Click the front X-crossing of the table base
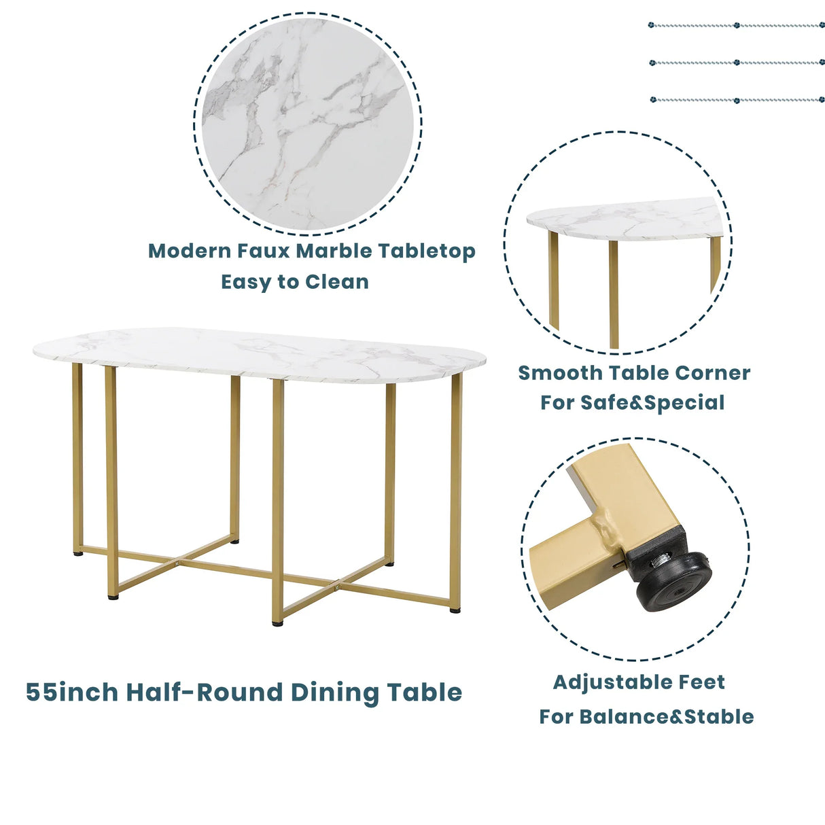pyautogui.click(x=338, y=583)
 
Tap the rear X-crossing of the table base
pyautogui.click(x=176, y=563)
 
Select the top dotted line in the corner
pyautogui.click(x=737, y=25)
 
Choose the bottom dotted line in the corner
pyautogui.click(x=737, y=100)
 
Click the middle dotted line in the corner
pyautogui.click(x=737, y=63)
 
